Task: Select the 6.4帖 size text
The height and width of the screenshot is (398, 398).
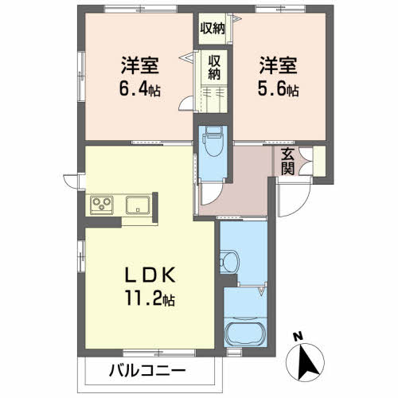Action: [x=138, y=89]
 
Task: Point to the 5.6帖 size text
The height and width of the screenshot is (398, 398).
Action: [x=276, y=89]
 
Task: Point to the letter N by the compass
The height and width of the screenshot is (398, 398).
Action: [x=296, y=337]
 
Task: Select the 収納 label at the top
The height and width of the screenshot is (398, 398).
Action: [x=213, y=29]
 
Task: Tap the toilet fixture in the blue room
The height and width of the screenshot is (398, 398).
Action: [x=213, y=143]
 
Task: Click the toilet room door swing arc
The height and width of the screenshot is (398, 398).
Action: [x=209, y=190]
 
